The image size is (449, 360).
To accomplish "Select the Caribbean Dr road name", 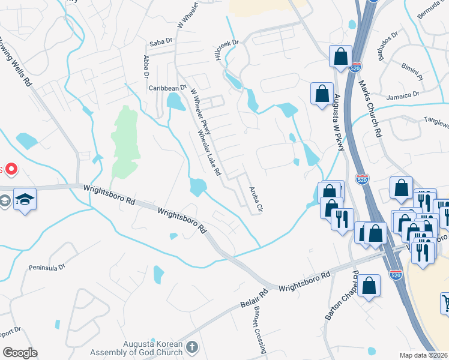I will pyautogui.click(x=168, y=88).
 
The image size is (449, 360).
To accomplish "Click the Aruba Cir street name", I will pyautogui.click(x=256, y=199).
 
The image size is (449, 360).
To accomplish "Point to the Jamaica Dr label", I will pyautogui.click(x=403, y=95).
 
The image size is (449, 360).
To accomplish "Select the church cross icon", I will pyautogui.click(x=191, y=347).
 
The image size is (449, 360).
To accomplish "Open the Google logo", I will pyautogui.click(x=20, y=352).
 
